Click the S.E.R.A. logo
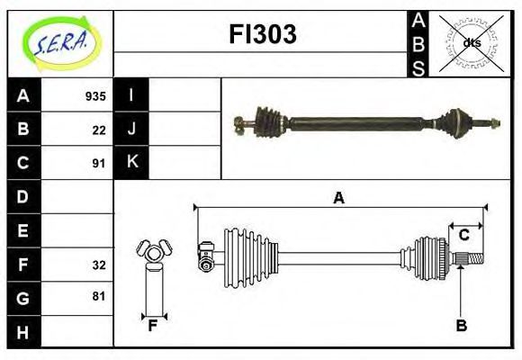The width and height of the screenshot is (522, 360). (x=61, y=43)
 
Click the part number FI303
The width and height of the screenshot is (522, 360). (x=263, y=34)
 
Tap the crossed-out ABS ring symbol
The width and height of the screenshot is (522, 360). (x=472, y=43)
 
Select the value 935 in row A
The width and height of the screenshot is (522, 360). (x=95, y=96)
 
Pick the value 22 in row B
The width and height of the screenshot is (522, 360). (x=99, y=130)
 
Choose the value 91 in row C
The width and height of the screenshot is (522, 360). (x=99, y=164)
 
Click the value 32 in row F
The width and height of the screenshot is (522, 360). (x=99, y=265)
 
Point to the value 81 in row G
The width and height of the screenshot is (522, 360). (x=99, y=296)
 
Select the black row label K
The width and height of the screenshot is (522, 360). (x=131, y=162)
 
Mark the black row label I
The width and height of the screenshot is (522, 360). (x=131, y=94)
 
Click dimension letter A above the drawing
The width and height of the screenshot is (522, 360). (x=339, y=198)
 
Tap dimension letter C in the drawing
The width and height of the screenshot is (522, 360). (x=463, y=235)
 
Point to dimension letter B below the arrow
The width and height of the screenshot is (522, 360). (x=462, y=325)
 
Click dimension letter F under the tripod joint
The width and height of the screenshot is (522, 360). (x=152, y=326)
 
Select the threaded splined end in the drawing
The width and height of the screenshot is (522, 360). (x=469, y=258)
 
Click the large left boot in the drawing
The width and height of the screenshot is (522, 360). (x=251, y=258)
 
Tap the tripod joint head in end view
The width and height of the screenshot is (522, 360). (x=154, y=251)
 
